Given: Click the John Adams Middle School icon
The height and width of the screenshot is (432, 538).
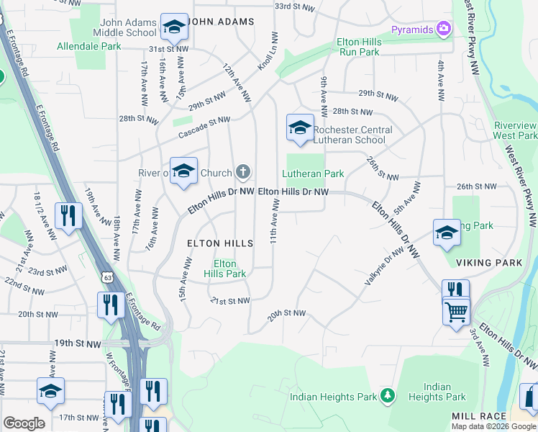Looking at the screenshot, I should point(173,27).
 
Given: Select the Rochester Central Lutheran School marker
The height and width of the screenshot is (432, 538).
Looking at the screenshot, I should point(300,127).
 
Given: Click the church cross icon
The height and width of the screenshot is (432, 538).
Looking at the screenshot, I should point(243,172).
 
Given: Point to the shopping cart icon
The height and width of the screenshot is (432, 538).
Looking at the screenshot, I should point(456,312).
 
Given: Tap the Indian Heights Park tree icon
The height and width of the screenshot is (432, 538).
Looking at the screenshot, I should point(388,395).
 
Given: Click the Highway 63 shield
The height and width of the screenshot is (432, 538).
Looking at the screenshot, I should point(108,276).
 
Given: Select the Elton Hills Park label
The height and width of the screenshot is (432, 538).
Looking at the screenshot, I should point(225,269).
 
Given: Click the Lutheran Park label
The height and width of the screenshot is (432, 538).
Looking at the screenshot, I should point(313,174).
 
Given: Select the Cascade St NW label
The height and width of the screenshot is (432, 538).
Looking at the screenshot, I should point(204,125).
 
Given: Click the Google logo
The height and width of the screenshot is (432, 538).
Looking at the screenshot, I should point(24,423).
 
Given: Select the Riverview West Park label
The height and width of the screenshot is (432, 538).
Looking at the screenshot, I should point(515,130).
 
